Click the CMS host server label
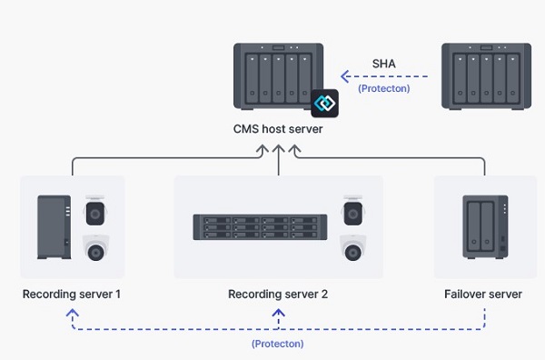click(x=278, y=130)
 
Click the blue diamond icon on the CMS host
click(x=324, y=103)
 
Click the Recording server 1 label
click(x=72, y=295)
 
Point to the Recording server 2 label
click(x=278, y=295)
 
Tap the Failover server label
click(x=483, y=295)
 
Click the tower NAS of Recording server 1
click(x=54, y=227)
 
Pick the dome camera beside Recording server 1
click(x=95, y=249)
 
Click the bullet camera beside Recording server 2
click(x=353, y=212)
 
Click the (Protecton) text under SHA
click(x=382, y=88)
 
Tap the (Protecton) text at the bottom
click(x=278, y=344)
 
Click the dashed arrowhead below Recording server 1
click(x=73, y=312)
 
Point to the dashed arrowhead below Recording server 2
click(x=279, y=312)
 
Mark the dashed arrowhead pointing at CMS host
click(x=344, y=76)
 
